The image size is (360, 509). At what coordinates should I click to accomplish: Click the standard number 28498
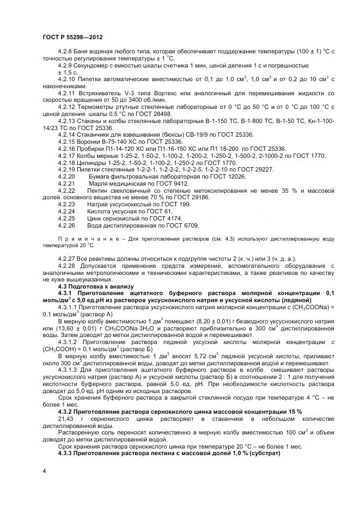pos(160,114)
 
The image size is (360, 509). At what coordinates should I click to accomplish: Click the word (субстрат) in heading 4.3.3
pos(260,453)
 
